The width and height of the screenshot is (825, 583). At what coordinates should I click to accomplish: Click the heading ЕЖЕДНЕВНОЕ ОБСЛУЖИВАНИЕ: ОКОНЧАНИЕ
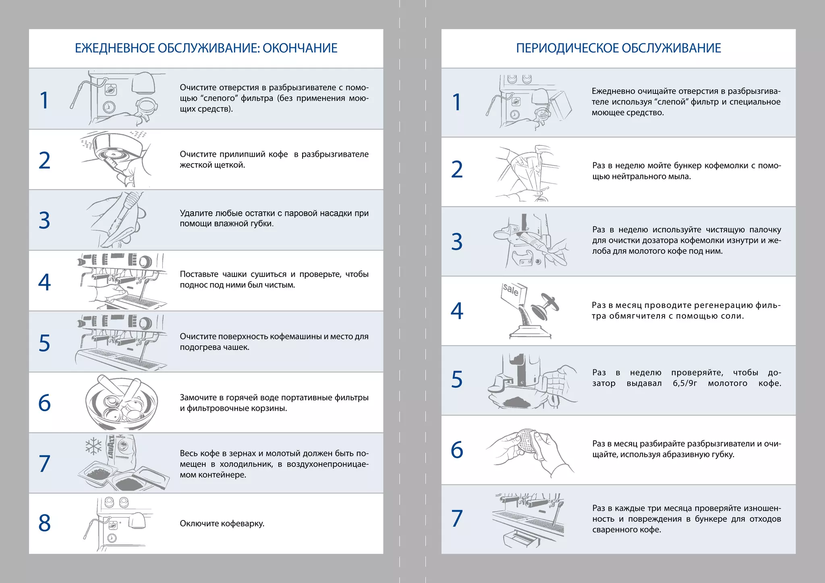pyautogui.click(x=206, y=48)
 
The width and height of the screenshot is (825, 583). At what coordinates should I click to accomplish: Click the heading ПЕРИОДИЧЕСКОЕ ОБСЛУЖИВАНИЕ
pyautogui.click(x=618, y=48)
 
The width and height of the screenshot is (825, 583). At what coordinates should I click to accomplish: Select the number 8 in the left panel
pyautogui.click(x=44, y=523)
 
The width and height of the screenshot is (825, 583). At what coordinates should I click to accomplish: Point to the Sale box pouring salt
pyautogui.click(x=514, y=294)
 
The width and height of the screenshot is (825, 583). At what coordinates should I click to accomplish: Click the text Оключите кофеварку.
pyautogui.click(x=222, y=523)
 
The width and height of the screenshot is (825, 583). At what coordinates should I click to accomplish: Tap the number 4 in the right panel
pyautogui.click(x=457, y=311)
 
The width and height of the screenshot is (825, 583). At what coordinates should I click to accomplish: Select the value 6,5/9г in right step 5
pyautogui.click(x=684, y=383)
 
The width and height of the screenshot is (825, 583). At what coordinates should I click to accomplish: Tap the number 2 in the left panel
pyautogui.click(x=44, y=160)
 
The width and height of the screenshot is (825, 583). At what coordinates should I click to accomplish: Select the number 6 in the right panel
pyautogui.click(x=457, y=450)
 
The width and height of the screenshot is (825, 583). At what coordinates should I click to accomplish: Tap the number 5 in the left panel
pyautogui.click(x=44, y=343)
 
